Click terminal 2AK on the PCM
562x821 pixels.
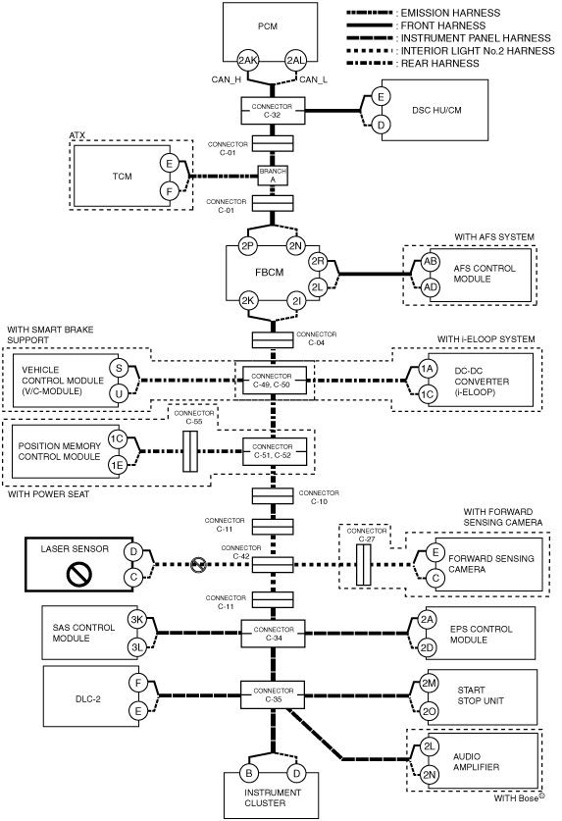pos(248,60)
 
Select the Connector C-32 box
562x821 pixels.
pos(273,111)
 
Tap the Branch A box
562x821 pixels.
pos(273,176)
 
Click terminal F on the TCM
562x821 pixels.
pos(169,191)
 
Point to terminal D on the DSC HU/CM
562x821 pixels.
pos(381,126)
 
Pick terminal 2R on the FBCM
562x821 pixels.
pos(318,262)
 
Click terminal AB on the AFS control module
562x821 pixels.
pos(431,262)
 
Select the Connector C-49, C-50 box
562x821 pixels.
pos(272,381)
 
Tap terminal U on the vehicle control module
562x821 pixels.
pos(119,392)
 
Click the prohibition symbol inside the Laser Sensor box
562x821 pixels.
pos(79,574)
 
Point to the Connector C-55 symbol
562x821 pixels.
pos(190,451)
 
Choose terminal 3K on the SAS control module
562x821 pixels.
pos(136,620)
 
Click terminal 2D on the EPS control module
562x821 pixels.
pos(428,647)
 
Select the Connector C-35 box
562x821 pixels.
pos(273,694)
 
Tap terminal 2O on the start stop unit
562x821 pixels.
pos(430,711)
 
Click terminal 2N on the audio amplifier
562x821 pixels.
pos(430,774)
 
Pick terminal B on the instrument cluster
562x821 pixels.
pos(249,773)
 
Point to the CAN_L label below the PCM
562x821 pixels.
pos(313,79)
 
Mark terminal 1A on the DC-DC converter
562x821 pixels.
pos(428,369)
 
